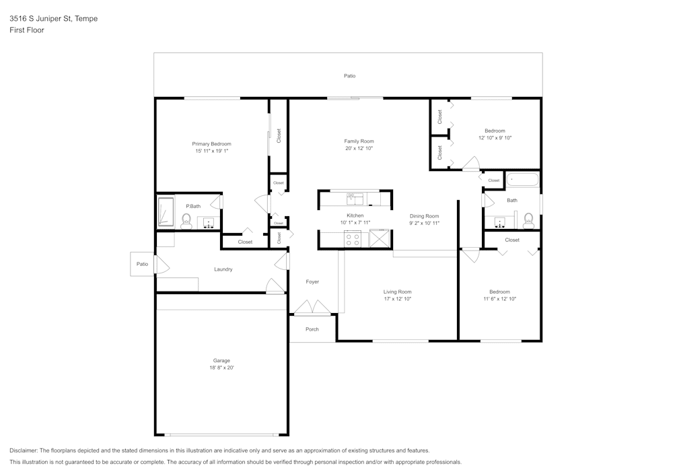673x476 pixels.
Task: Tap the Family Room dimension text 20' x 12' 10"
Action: coord(359,148)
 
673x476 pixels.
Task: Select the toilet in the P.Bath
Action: coord(187,220)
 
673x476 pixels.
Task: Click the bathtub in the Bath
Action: coord(522,180)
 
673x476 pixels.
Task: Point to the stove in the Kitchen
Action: coord(353,238)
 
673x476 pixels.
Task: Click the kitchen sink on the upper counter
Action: coord(355,199)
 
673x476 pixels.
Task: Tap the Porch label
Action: coord(312,329)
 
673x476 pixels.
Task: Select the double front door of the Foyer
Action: coord(312,309)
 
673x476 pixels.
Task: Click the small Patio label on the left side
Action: coord(142,264)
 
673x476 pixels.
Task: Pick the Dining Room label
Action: coord(424,216)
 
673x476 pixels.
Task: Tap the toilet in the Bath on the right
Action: coord(529,220)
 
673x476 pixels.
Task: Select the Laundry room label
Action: coord(223,269)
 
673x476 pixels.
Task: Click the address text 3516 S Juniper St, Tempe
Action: coord(53,19)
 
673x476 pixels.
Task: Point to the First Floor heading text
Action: coord(27,30)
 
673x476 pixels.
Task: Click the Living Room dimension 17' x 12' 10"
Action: coord(397,299)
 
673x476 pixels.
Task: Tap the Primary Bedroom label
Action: coord(211,144)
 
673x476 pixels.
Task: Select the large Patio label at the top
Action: coord(349,76)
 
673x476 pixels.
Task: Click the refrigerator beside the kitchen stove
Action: coord(380,238)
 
